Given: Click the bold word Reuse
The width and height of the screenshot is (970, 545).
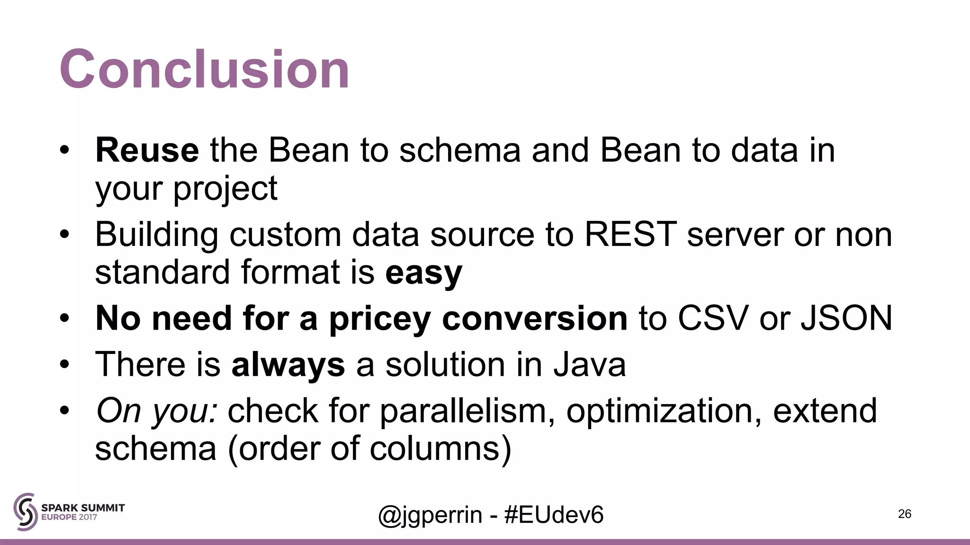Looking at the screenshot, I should pos(147,150).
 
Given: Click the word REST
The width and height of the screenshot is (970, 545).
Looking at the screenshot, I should pos(630,234).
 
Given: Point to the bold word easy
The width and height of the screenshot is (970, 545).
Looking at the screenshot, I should pos(423,273).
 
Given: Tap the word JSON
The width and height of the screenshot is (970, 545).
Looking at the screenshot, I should pos(846,318).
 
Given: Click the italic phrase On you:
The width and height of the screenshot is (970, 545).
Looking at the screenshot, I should pos(157,411).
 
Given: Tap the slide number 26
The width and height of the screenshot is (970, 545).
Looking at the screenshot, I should pos(904,514).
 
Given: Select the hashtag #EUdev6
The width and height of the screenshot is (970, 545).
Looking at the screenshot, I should pos(554,515).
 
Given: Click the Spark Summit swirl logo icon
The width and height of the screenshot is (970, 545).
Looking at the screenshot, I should pos(25,511).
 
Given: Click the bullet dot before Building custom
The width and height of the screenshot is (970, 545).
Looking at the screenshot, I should pos(64,235).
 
